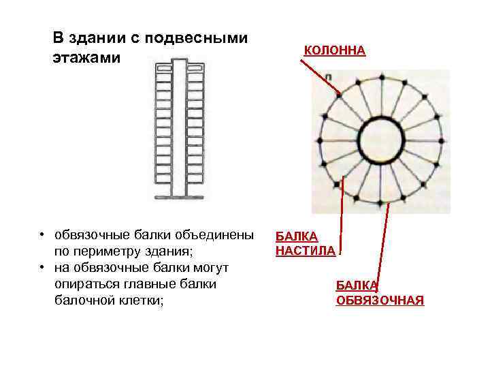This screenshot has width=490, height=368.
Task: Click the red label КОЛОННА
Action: click(334, 51)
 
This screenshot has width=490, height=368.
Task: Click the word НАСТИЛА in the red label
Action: click(305, 251)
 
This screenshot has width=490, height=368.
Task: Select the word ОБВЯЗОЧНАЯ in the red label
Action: click(380, 301)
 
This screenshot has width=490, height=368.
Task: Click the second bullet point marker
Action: click(42, 267)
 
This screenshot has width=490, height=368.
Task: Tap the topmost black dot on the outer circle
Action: click(380, 77)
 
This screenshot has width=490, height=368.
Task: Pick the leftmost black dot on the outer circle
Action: click(318, 140)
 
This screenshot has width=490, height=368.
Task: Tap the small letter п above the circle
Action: click(329, 79)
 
